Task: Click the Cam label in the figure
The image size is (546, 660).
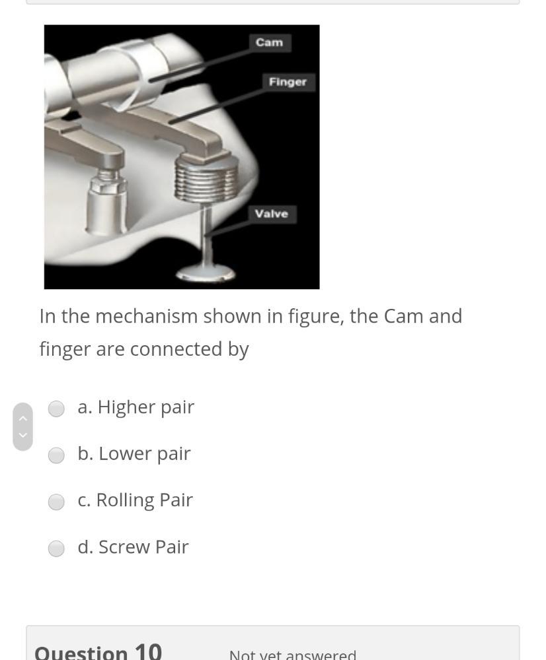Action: pos(270,42)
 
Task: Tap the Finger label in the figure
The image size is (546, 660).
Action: pos(288,82)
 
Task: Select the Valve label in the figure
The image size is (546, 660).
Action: pos(272,214)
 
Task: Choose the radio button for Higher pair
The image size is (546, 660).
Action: pos(56,409)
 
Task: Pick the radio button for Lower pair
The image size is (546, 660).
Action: pos(56,455)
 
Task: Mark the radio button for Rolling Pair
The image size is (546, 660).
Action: pos(56,502)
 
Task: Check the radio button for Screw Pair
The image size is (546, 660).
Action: pos(56,548)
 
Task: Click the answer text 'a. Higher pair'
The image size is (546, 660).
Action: pos(136,407)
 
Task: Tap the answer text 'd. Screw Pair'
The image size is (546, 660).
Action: pos(133,547)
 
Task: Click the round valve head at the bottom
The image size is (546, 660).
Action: pos(207,271)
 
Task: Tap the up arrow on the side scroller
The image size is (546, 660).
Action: pos(22,418)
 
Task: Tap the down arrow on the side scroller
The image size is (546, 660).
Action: pos(22,435)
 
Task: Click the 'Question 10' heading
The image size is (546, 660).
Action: pos(98,652)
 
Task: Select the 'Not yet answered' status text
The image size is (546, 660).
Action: pos(292,655)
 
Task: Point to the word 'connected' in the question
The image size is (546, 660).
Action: pos(177,349)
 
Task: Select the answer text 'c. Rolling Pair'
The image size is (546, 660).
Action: pos(135,500)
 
